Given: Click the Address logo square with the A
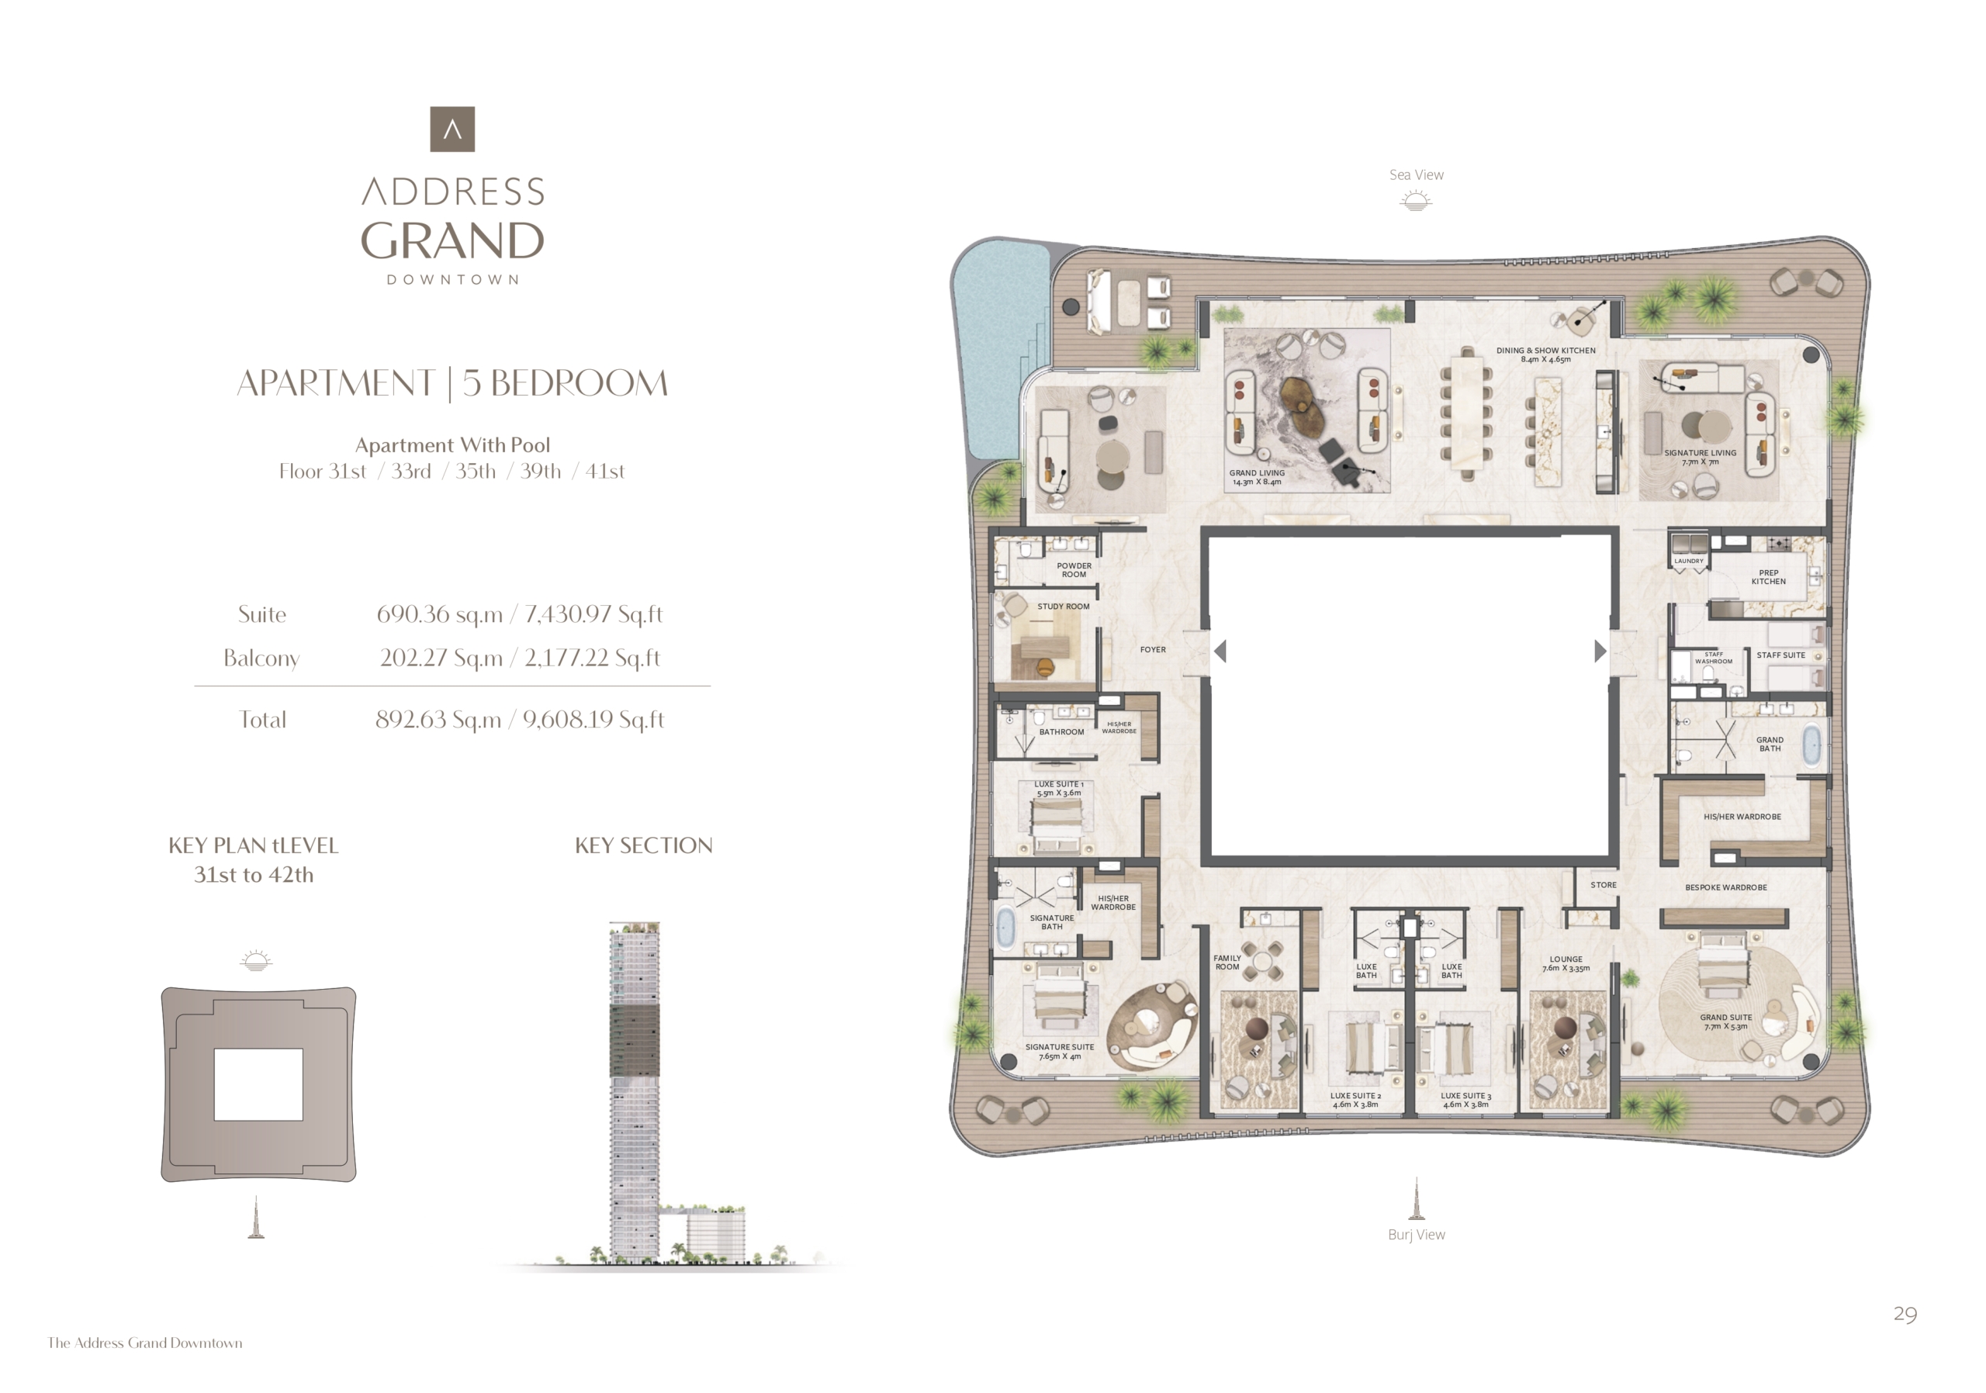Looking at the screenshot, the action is pyautogui.click(x=452, y=129).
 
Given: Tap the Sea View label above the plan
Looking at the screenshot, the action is pyautogui.click(x=1416, y=175).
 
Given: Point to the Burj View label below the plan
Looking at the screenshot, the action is pyautogui.click(x=1416, y=1235).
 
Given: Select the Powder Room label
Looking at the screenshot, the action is pyautogui.click(x=1074, y=570).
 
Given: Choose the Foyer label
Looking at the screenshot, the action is pyautogui.click(x=1153, y=649).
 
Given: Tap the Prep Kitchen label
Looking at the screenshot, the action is pyautogui.click(x=1768, y=577).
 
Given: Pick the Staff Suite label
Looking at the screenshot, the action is pyautogui.click(x=1781, y=655).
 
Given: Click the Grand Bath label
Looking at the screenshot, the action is pyautogui.click(x=1770, y=744).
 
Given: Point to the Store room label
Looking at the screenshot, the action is pyautogui.click(x=1603, y=884).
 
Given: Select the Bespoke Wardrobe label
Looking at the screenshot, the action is pyautogui.click(x=1725, y=887).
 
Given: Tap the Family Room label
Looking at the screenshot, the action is pyautogui.click(x=1227, y=963).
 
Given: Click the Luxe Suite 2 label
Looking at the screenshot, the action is pyautogui.click(x=1355, y=1100).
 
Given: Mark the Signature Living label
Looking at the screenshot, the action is pyautogui.click(x=1700, y=458).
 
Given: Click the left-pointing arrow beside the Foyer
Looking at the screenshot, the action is pyautogui.click(x=1220, y=651).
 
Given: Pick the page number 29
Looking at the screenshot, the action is pyautogui.click(x=1905, y=1315).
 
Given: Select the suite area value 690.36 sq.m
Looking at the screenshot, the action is pyautogui.click(x=439, y=614).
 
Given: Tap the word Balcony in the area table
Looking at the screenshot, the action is pyautogui.click(x=261, y=659).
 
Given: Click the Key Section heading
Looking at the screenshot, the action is pyautogui.click(x=644, y=845).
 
